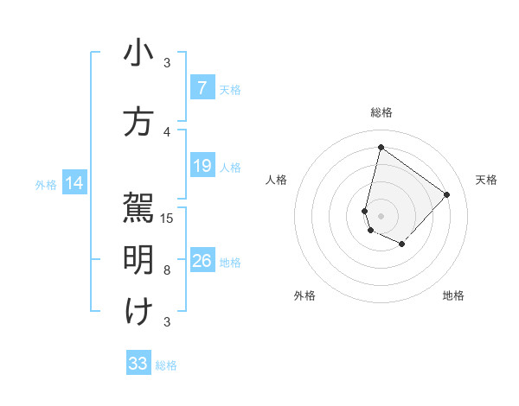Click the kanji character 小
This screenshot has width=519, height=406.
138,54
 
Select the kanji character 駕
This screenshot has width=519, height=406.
138,208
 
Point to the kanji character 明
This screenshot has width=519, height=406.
138,260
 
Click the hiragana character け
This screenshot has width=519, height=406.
138,312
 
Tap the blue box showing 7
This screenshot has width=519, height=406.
202,88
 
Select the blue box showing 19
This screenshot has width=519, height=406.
202,166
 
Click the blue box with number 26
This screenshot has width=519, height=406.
202,261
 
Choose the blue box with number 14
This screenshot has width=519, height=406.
74,183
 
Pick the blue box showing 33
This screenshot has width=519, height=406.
138,364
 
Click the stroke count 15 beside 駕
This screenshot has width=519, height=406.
168,219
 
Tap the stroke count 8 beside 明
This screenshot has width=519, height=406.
167,270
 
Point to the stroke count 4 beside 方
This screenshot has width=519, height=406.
167,132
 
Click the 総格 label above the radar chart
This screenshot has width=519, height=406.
381,112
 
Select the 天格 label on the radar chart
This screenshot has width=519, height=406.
486,180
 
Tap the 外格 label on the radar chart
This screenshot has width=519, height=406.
304,295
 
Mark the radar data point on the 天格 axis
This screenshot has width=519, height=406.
447,194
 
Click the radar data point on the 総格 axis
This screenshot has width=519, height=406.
381,147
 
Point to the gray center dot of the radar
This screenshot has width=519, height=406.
381,215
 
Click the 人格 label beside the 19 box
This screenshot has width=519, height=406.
230,167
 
